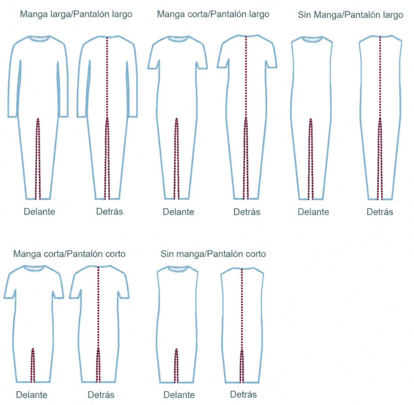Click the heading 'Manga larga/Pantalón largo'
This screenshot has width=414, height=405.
[x=76, y=14]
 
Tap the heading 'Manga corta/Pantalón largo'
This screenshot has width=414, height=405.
[x=213, y=14]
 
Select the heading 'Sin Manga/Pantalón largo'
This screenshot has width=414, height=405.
[x=350, y=15]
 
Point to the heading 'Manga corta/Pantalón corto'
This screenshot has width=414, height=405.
[x=69, y=254]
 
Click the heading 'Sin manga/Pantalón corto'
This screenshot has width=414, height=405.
[x=213, y=254]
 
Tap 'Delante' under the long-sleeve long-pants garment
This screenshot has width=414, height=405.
[x=40, y=212]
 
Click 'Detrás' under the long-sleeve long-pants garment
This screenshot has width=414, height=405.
[x=110, y=212]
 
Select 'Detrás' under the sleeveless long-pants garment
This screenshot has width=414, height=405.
[x=380, y=212]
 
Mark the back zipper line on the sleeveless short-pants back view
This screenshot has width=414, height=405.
[x=242, y=309]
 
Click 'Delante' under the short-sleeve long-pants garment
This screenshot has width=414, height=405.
[x=179, y=212]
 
